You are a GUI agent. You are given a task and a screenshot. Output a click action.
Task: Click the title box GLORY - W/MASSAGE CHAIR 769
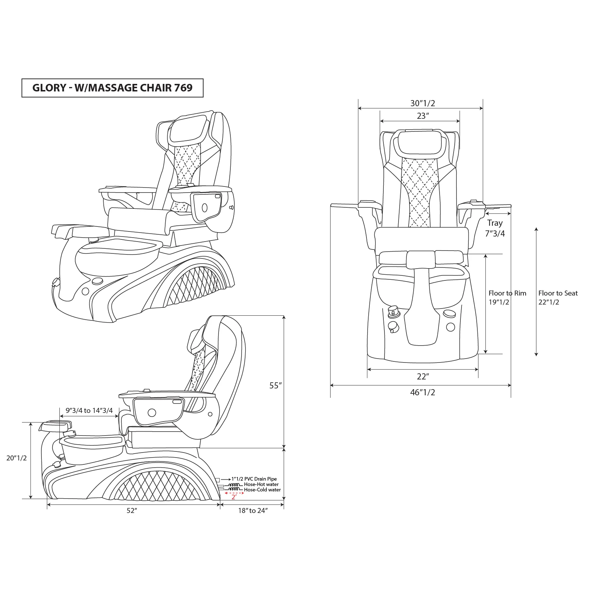[x=112, y=88]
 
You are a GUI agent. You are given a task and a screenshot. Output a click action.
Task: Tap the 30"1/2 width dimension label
[x=423, y=103]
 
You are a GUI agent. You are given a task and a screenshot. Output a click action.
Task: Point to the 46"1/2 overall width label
[x=423, y=392]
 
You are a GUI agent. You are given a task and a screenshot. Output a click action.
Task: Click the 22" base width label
[x=423, y=377]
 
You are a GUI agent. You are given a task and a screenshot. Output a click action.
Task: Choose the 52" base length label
[x=132, y=511]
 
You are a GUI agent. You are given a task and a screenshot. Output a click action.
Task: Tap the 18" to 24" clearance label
[x=252, y=511]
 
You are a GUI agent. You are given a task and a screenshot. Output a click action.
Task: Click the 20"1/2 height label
[x=17, y=458]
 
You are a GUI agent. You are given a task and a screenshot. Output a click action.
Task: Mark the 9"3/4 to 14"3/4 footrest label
[x=89, y=410]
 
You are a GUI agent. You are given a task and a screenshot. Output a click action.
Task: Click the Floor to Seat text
[x=558, y=293]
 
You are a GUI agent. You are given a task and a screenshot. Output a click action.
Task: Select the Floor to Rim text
[x=507, y=293]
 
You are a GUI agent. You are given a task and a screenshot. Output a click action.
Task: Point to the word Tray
[x=495, y=223]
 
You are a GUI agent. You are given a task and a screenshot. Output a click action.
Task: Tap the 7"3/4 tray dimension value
[x=495, y=233]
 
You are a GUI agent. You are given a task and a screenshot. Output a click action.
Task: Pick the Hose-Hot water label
[x=261, y=485]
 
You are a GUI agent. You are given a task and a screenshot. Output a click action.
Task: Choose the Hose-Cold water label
[x=262, y=490]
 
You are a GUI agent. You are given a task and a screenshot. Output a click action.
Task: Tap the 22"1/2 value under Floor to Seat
[x=549, y=302]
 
